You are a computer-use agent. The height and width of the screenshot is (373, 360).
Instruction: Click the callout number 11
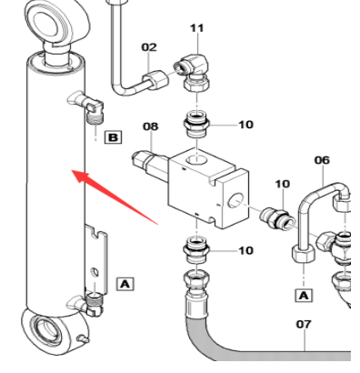pyautogui.click(x=197, y=28)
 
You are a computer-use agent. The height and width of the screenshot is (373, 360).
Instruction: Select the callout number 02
pyautogui.click(x=149, y=47)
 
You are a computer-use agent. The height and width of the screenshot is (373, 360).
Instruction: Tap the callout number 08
pyautogui.click(x=151, y=126)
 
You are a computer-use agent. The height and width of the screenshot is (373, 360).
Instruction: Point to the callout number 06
pyautogui.click(x=322, y=160)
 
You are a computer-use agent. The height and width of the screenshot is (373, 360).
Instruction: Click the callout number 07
pyautogui.click(x=304, y=325)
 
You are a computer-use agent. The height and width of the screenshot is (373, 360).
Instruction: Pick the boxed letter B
pyautogui.click(x=113, y=137)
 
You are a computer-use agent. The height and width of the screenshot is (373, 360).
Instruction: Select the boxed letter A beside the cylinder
pyautogui.click(x=125, y=285)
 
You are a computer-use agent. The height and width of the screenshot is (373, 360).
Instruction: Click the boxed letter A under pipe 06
pyautogui.click(x=304, y=296)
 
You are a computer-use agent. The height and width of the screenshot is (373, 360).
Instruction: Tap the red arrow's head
pyautogui.click(x=81, y=176)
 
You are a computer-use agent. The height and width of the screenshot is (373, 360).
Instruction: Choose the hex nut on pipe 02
pyautogui.click(x=156, y=78)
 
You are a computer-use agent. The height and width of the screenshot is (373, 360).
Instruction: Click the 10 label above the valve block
pyautogui.click(x=245, y=125)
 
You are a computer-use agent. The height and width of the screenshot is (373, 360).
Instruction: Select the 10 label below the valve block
pyautogui.click(x=245, y=250)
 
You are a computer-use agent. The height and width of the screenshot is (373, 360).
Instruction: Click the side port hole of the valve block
pyautogui.click(x=235, y=200)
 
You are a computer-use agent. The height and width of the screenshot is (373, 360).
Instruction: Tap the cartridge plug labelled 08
pyautogui.click(x=150, y=165)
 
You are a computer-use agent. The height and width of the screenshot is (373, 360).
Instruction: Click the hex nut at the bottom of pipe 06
pyautogui.click(x=304, y=254)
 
